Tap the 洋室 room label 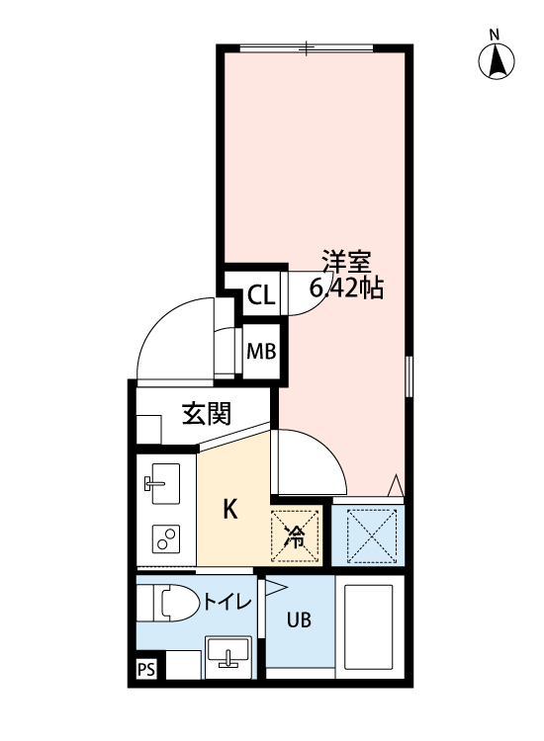[x=345, y=264]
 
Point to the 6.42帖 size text [x=346, y=289]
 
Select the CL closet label [x=260, y=294]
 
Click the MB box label [x=260, y=351]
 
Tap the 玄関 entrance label [x=206, y=413]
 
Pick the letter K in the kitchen [x=229, y=510]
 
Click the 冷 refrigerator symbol [x=296, y=536]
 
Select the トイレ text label [x=227, y=603]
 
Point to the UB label [x=299, y=620]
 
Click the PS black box [x=146, y=671]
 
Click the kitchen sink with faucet [x=158, y=484]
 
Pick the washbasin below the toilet [x=228, y=655]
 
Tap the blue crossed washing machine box [x=369, y=535]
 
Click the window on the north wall [x=307, y=46]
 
